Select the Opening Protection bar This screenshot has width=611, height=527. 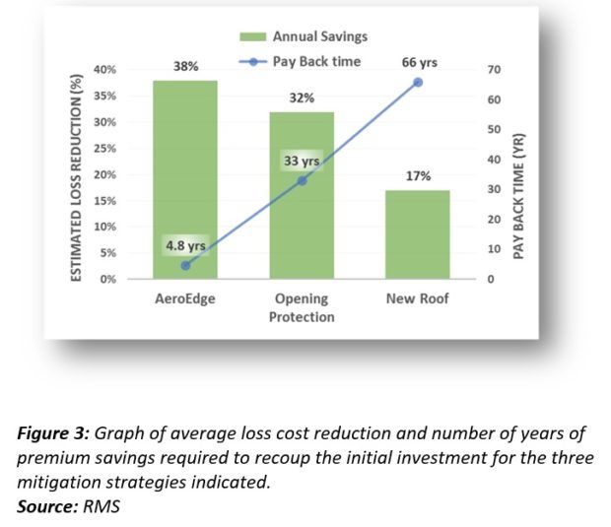302,227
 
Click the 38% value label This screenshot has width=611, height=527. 185,67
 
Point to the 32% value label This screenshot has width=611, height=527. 302,99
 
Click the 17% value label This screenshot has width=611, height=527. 418,176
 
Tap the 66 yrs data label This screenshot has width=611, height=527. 420,62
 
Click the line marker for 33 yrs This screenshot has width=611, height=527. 302,180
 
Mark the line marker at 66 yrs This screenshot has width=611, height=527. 418,82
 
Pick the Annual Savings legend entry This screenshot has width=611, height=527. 305,37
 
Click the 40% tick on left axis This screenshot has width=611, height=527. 104,70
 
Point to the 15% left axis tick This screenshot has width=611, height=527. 104,201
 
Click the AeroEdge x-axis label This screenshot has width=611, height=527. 185,298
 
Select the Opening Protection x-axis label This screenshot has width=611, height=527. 302,307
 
